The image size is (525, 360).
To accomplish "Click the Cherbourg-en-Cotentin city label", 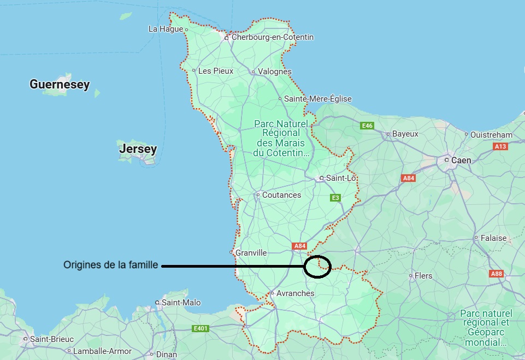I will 273,37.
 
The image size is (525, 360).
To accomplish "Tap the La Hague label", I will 166,29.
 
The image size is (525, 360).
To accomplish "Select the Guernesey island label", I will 60,84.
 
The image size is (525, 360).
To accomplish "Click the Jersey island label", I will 138,149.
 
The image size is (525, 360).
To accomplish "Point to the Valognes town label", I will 274,72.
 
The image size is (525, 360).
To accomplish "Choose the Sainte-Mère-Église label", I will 317,99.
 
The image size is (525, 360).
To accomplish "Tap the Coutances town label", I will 281,195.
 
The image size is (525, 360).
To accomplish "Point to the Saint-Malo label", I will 181,303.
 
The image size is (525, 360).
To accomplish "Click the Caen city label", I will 461,161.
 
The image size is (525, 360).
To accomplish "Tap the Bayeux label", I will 405,134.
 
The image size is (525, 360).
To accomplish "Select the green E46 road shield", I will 367,126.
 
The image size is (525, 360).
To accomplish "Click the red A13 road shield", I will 500,146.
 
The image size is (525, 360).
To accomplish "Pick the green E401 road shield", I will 201,328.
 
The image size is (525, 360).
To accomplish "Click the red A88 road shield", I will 496,274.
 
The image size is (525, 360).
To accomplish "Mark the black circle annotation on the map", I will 317,267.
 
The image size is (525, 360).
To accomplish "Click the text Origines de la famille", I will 111,265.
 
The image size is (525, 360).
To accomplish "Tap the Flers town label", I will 423,276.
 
